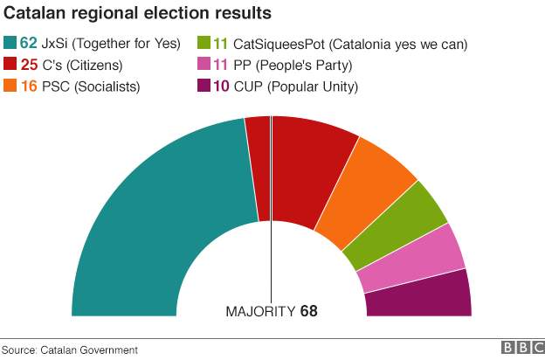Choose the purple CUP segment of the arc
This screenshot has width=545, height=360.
(419, 295)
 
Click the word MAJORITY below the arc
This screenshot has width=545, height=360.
(260, 311)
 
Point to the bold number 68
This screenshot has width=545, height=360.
(308, 311)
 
